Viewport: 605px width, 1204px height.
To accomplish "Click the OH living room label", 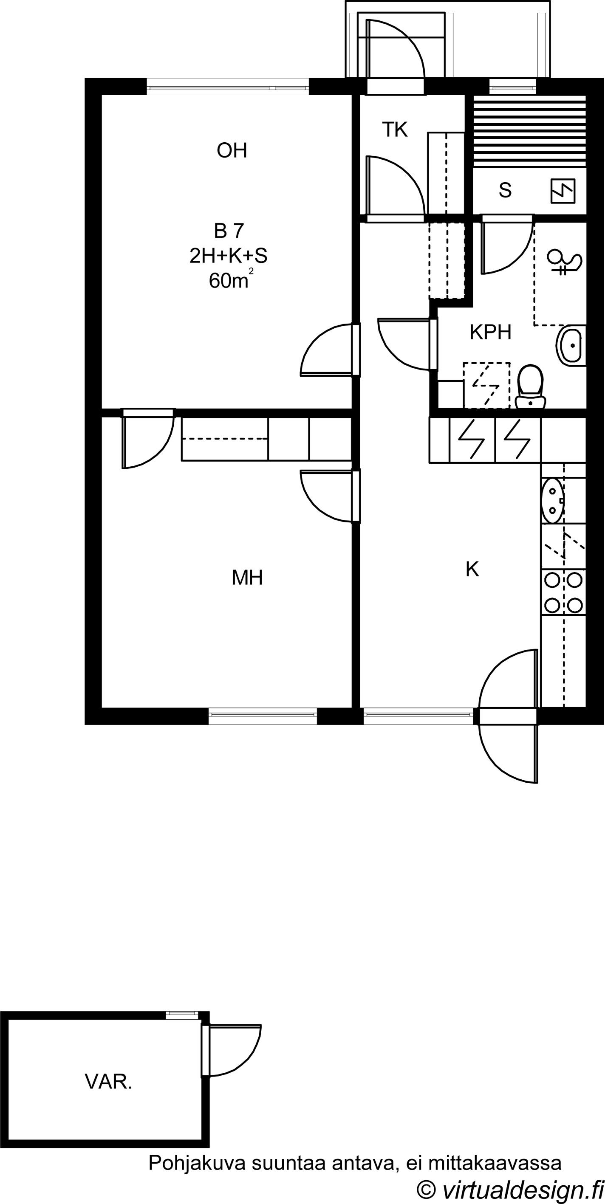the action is [232, 150].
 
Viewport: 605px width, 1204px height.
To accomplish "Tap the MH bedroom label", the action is [247, 578].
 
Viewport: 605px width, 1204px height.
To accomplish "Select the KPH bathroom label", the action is [490, 332].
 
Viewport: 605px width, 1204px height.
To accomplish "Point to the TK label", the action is [395, 130].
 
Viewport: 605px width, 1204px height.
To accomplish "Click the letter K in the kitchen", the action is [472, 569].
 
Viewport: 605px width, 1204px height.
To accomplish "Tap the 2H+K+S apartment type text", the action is [228, 256].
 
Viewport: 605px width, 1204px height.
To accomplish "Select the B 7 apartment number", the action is [229, 231].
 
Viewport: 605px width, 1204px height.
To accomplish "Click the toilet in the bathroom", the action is [531, 386].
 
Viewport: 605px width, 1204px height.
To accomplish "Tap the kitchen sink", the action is [553, 499].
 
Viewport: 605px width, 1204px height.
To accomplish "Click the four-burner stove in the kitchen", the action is [563, 592].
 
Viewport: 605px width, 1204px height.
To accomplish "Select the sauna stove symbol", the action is [563, 191].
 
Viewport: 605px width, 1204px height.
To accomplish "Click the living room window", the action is [228, 87].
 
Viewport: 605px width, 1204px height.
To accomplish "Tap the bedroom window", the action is [263, 716].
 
